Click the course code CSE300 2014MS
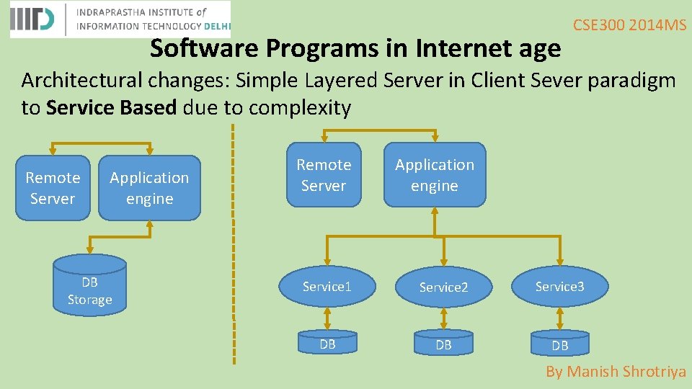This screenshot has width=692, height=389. (629, 25)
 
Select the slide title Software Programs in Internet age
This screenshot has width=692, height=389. (355, 48)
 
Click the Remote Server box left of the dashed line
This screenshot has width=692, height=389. (53, 187)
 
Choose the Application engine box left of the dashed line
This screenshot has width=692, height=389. (149, 187)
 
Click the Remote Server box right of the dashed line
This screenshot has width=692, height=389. (324, 175)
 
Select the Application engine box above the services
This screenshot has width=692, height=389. (435, 175)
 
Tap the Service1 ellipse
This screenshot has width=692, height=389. (327, 287)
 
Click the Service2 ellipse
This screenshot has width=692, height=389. (443, 287)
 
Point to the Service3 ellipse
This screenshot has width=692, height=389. (559, 287)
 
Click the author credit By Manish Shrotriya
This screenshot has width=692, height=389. (616, 372)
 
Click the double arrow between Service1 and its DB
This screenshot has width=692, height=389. (327, 318)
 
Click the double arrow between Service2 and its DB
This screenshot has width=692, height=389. (443, 318)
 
